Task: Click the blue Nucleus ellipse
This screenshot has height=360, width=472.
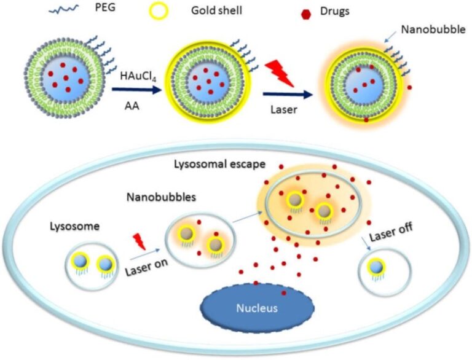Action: coord(258,306)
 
